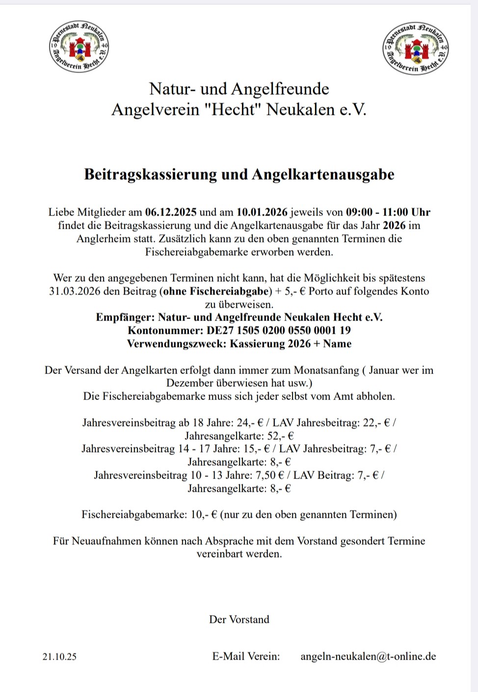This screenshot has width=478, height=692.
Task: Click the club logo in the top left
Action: (x=79, y=48)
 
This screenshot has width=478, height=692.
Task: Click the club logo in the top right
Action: (x=416, y=49)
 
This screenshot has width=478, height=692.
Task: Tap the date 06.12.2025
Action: (x=171, y=213)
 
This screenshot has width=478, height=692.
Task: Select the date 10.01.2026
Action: (x=262, y=213)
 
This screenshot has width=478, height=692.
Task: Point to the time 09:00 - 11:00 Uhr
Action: (x=388, y=213)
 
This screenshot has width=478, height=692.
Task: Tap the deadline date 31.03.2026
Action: (x=77, y=292)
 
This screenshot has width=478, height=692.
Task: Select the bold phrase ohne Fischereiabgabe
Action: (x=216, y=292)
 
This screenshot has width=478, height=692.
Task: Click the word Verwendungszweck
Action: (x=176, y=344)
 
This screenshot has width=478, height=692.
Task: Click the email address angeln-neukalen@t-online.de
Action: (x=368, y=657)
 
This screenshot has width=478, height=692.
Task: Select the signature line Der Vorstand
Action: (x=239, y=619)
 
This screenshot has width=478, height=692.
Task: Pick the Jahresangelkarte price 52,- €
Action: (x=281, y=436)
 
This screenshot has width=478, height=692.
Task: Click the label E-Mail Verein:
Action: (x=246, y=657)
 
